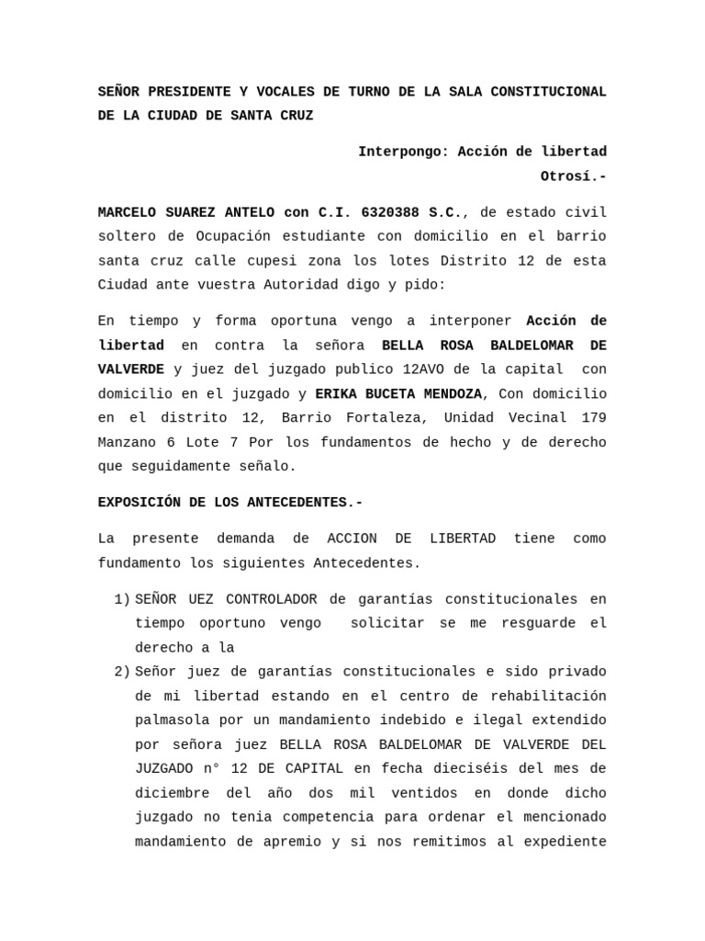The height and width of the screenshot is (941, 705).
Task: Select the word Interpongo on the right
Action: [399, 152]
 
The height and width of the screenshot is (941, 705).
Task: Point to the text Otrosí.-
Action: [573, 176]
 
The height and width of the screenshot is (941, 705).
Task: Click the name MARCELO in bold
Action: [129, 212]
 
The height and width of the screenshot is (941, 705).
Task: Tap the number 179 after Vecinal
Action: [593, 418]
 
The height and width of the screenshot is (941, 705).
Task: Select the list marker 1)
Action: [122, 599]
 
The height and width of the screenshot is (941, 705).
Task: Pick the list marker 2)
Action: [122, 672]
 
